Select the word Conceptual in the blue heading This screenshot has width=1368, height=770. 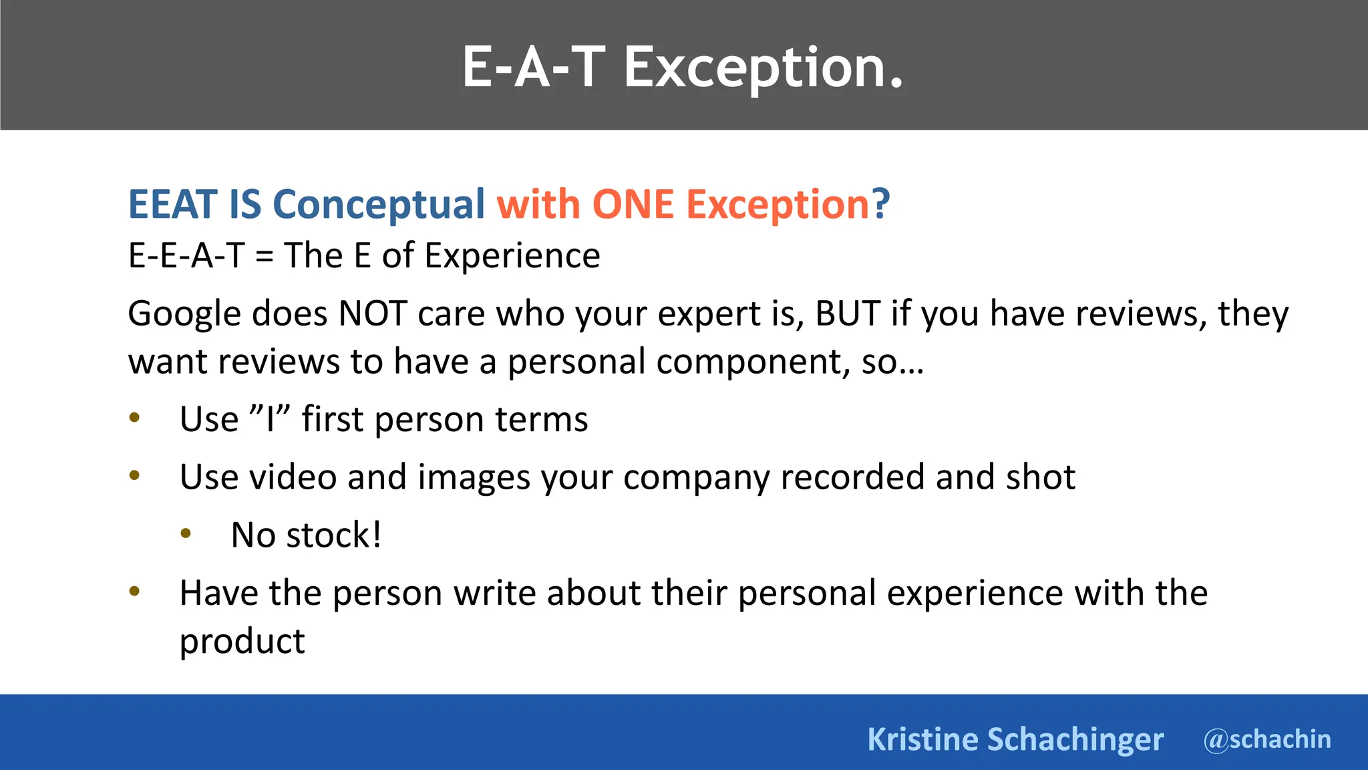(x=379, y=204)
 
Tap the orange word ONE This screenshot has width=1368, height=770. (x=633, y=204)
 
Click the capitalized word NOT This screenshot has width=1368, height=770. (x=373, y=313)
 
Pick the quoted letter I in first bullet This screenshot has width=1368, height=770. (x=270, y=420)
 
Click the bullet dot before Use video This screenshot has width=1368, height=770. (x=134, y=476)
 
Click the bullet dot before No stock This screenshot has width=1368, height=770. (x=186, y=533)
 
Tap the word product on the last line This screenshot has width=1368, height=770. (x=242, y=642)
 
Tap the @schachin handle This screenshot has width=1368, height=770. (x=1267, y=739)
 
